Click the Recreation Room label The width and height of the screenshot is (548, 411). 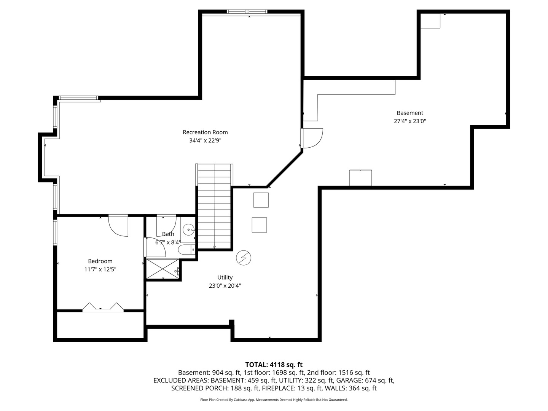[205, 132]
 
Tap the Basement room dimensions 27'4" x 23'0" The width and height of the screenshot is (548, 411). [410, 121]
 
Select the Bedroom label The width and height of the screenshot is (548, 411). [100, 261]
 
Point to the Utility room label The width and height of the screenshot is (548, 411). [225, 277]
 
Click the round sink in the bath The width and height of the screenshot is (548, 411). [188, 229]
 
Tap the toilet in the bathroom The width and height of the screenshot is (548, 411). [186, 250]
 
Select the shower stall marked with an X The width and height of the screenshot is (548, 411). [162, 269]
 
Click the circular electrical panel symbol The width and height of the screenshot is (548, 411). [244, 258]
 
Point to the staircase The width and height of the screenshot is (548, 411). [214, 206]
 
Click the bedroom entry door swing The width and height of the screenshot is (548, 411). [118, 225]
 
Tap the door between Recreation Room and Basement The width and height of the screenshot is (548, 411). [312, 138]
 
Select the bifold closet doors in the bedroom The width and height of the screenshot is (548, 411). [103, 307]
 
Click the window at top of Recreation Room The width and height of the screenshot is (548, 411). [247, 11]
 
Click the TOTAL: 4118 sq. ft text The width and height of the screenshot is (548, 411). [274, 365]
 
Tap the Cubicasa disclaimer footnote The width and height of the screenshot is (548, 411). [274, 400]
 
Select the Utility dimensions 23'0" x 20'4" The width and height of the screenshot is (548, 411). [225, 286]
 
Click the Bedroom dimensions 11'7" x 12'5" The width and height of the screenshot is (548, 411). [100, 269]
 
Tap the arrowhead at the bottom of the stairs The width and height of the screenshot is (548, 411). [214, 247]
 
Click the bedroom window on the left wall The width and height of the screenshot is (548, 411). [55, 232]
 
